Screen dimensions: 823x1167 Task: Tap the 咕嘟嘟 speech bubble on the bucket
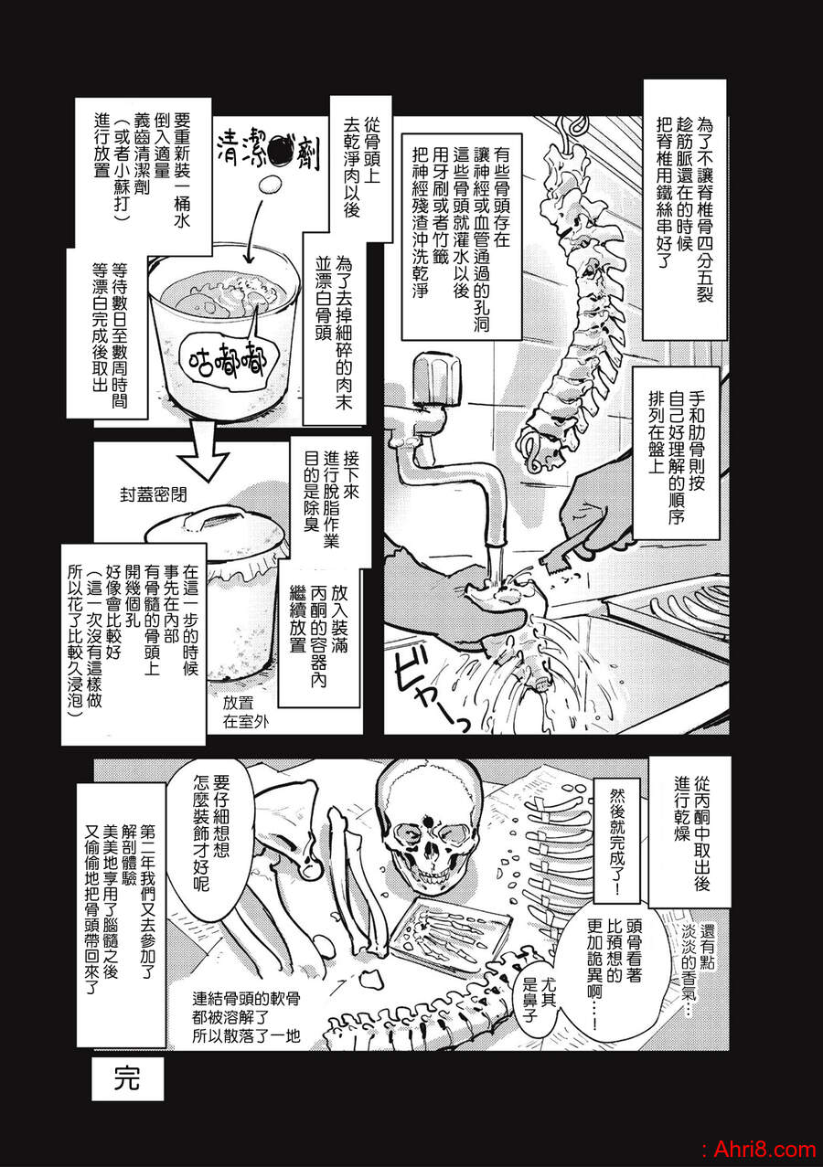(227, 359)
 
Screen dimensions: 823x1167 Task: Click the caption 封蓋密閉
(154, 494)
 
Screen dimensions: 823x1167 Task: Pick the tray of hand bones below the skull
(449, 934)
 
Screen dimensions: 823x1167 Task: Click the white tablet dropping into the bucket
(270, 184)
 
